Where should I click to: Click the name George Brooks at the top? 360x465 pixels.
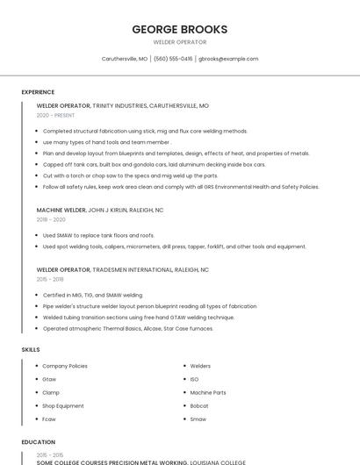tap(179, 29)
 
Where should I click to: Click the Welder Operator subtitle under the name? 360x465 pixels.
tap(179, 42)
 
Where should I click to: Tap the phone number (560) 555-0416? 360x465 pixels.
tap(173, 59)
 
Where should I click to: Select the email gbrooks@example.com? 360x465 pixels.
tap(228, 59)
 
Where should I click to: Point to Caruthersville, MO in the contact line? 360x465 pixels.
tap(124, 59)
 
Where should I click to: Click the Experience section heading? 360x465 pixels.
tap(38, 92)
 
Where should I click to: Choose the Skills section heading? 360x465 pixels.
tap(30, 349)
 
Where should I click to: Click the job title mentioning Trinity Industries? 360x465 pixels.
tap(123, 105)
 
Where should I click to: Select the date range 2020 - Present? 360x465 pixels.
tap(56, 115)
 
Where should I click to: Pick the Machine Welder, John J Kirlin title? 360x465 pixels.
tap(100, 211)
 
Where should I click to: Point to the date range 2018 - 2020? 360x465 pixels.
tap(51, 219)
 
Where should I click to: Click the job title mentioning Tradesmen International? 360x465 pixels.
tap(123, 270)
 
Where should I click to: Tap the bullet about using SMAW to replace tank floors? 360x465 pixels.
tap(98, 235)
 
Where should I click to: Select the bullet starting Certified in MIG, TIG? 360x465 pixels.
tap(92, 295)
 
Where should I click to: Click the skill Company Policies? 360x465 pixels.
tap(65, 366)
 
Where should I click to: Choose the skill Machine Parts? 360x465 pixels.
tap(208, 392)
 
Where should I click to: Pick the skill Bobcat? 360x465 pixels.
tap(198, 405)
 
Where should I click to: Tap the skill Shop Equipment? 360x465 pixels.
tap(63, 405)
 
